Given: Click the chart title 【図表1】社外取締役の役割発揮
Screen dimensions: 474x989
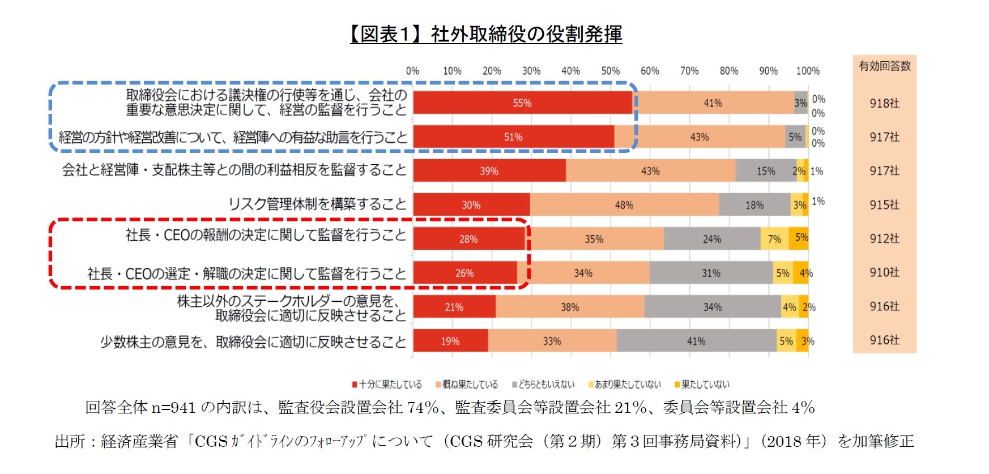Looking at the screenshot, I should [x=486, y=35].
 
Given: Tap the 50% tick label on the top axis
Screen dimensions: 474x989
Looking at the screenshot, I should [x=610, y=71].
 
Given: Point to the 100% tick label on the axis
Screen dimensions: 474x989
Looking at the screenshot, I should [x=807, y=71].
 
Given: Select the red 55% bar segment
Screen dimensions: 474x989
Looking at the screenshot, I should [x=522, y=103].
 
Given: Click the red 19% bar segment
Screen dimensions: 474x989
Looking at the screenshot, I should [x=450, y=341].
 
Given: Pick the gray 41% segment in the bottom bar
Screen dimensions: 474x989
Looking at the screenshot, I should [x=696, y=341].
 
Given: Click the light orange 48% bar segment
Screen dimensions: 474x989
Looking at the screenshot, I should [x=624, y=205].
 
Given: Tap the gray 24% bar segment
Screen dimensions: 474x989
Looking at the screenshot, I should [x=711, y=239].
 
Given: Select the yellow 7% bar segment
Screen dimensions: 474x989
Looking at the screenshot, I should [x=774, y=239].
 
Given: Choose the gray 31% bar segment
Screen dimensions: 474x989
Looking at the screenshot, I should [x=711, y=273].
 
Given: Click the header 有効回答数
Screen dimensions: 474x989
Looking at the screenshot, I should [x=884, y=66].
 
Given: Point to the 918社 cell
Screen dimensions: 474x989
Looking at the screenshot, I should [x=884, y=103].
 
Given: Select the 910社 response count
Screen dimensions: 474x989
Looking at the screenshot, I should [x=884, y=272].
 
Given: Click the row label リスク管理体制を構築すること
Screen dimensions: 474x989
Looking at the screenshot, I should [x=317, y=204].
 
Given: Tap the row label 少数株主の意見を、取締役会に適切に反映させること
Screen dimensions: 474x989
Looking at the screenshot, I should [x=253, y=342].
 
